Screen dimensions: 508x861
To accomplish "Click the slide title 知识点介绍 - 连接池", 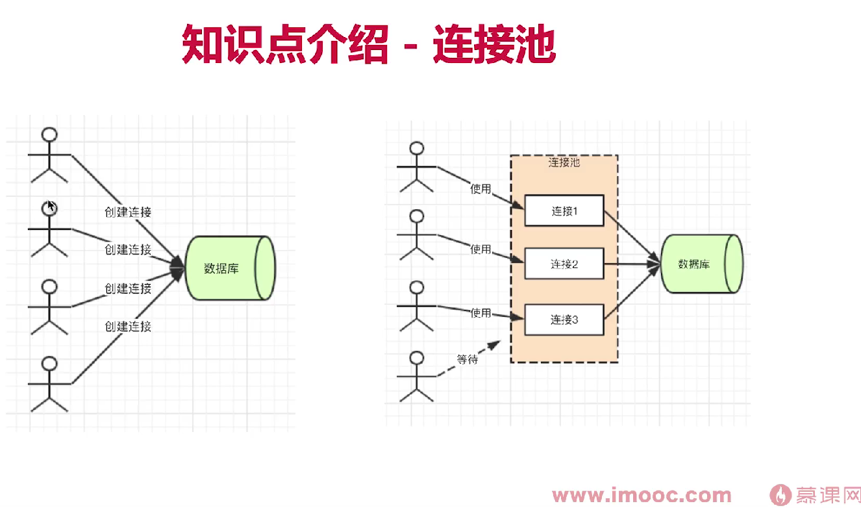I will (368, 44).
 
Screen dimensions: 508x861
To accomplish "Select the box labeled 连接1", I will (564, 210).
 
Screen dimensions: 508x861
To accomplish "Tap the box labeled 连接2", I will (564, 264).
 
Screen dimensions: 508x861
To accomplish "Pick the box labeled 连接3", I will (564, 320).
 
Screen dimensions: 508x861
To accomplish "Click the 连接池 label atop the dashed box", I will (564, 162).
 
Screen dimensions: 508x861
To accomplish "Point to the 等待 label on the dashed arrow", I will (467, 359).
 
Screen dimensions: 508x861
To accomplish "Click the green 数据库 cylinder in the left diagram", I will (229, 268).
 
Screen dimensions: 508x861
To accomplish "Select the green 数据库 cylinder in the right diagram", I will (701, 264).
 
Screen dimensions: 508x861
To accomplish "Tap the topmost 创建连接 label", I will (128, 212).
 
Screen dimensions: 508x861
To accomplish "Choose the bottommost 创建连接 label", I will (128, 326).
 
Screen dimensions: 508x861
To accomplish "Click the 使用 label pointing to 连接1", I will (480, 189).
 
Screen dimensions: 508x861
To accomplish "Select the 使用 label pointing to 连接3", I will (480, 312).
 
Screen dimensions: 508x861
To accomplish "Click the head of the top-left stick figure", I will (49, 134).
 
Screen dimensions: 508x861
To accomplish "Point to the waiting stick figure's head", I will (416, 357).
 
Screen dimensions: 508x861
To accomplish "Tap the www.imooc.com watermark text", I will (642, 495).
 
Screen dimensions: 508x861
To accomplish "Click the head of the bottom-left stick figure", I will (49, 362).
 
